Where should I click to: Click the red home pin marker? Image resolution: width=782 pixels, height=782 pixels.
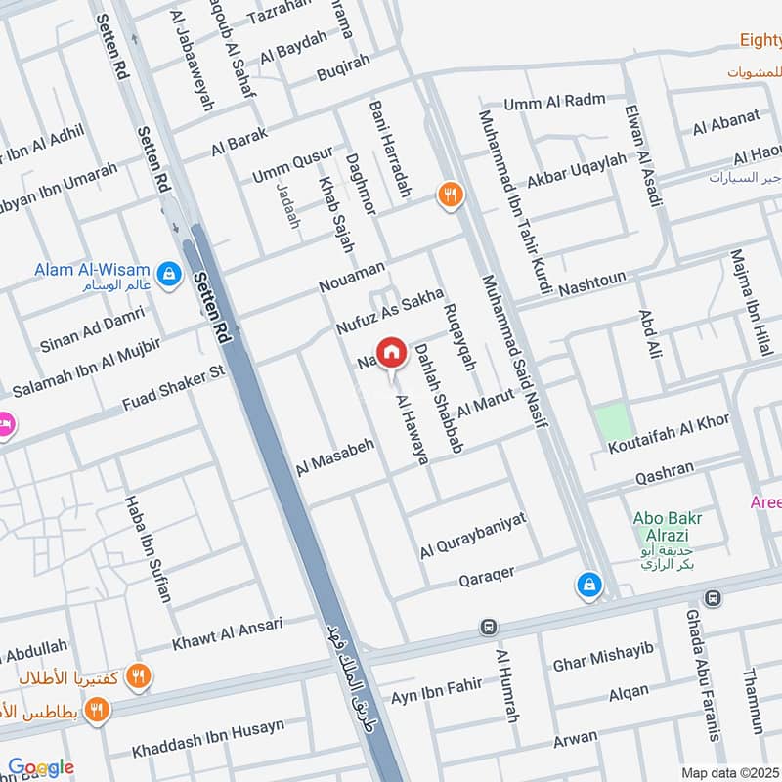coord(391,351)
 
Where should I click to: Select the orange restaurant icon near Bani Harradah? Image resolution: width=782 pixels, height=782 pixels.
coord(450,195)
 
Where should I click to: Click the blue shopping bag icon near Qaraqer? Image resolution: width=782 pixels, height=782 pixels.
coord(589,585)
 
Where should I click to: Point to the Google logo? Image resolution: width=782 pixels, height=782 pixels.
coord(41,768)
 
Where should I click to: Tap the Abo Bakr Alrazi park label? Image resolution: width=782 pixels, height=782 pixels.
coord(674,528)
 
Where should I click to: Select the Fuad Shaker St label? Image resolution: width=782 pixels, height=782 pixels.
coord(174,387)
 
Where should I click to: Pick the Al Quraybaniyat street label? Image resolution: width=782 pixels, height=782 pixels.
coord(473,536)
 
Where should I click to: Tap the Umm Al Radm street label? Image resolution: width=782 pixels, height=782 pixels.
coord(554,102)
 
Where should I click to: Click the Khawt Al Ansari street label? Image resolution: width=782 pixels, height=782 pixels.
coord(227,634)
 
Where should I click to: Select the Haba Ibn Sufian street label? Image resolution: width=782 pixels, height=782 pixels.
coord(148,548)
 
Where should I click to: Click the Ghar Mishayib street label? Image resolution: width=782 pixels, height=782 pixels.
coord(602,656)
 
